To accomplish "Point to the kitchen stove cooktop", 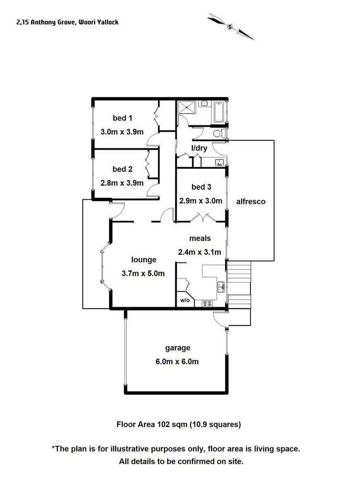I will [x=208, y=303].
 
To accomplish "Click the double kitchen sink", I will [x=221, y=288].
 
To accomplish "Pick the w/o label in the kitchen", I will [x=184, y=301].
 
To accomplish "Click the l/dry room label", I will [x=199, y=148].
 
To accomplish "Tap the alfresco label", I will [x=251, y=202].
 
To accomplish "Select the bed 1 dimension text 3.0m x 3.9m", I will [x=122, y=132].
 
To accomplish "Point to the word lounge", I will [x=144, y=260].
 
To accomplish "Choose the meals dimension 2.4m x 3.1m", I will [x=200, y=252].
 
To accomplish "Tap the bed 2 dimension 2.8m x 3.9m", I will [x=122, y=182].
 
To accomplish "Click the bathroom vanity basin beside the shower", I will [x=204, y=103].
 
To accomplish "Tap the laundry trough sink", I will [x=218, y=162].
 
